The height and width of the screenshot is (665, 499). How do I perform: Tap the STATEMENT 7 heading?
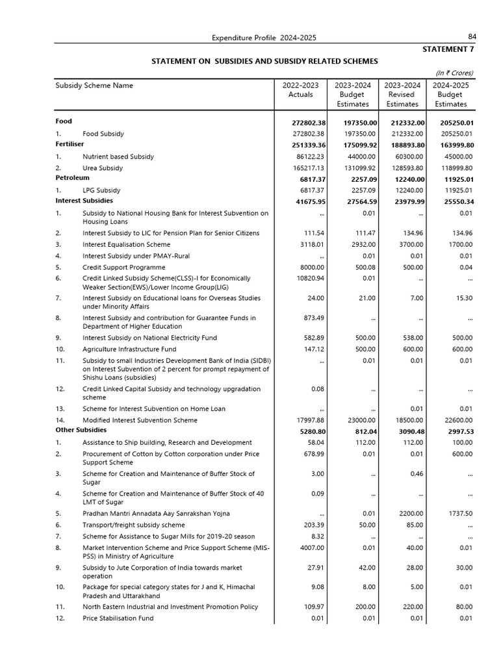click(x=448, y=49)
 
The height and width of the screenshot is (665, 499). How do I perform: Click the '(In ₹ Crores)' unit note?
click(x=454, y=73)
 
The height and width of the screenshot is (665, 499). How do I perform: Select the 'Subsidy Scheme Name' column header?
click(x=94, y=85)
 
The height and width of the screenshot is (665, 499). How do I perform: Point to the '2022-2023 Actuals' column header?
click(x=300, y=90)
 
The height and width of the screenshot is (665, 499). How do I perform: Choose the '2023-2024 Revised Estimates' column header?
click(x=402, y=94)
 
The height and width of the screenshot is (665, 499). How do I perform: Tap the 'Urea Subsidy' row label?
click(x=102, y=168)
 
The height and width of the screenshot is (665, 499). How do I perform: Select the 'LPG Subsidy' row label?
click(x=101, y=190)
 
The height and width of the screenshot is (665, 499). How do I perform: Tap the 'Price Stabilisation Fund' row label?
click(x=118, y=618)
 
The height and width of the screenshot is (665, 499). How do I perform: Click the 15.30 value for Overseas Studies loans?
click(x=463, y=298)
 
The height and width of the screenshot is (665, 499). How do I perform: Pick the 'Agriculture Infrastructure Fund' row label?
click(x=129, y=349)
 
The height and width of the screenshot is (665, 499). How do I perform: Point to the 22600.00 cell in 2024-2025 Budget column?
click(x=457, y=420)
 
